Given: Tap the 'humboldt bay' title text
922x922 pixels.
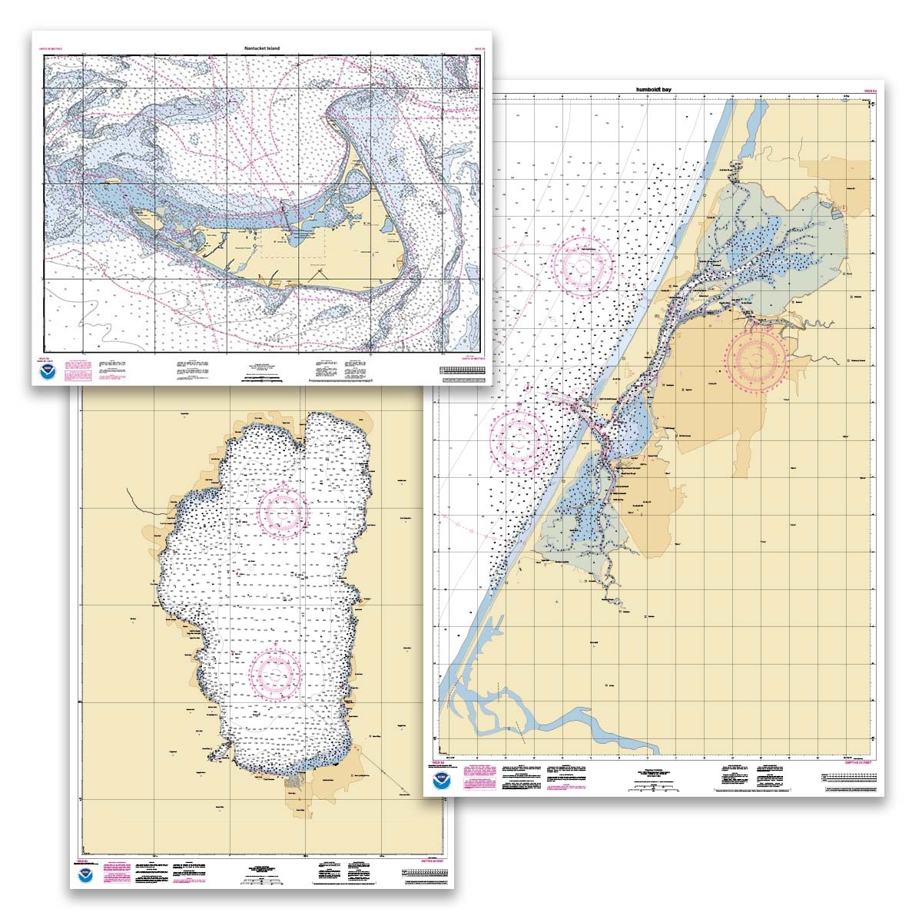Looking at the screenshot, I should [x=654, y=90].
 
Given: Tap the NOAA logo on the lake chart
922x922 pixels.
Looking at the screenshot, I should [x=84, y=877].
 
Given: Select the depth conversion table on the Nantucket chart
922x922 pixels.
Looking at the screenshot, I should [x=463, y=370].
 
